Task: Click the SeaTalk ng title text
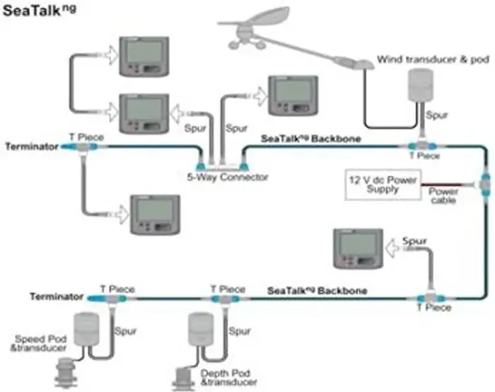coord(39,10)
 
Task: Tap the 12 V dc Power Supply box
coord(383,185)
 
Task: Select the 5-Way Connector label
coord(227,177)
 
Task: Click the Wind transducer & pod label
coord(433,59)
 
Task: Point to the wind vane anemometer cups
coord(245,45)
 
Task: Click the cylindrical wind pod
coord(420,86)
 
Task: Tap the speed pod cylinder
coord(86,329)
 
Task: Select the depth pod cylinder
coord(201,329)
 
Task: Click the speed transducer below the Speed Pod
coord(66,373)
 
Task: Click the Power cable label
coord(443,195)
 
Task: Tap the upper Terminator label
coord(32,146)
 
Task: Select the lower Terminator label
coord(57,296)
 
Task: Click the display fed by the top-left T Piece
coord(156,215)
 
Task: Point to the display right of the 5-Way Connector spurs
coord(293,96)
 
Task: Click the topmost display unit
coord(144,57)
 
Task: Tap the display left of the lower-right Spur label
coord(359,249)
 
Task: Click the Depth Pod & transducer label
coord(228,378)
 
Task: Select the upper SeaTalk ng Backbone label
coord(311,139)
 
